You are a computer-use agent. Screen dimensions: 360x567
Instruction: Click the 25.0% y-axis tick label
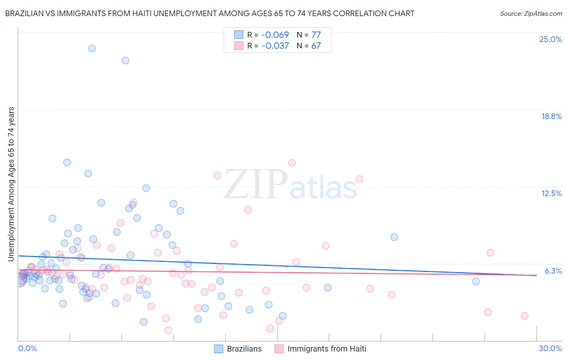(x=550, y=39)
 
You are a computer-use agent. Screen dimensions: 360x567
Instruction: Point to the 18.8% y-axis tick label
(x=551, y=116)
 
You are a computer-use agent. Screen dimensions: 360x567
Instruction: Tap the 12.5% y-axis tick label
(x=551, y=193)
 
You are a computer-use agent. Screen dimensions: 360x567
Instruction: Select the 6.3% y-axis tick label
(x=553, y=271)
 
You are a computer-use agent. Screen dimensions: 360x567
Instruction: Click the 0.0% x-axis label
(x=27, y=348)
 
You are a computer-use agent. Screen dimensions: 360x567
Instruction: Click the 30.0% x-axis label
(x=550, y=348)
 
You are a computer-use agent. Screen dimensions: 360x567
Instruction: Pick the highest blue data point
(x=92, y=48)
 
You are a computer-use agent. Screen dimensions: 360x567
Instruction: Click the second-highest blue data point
(x=125, y=61)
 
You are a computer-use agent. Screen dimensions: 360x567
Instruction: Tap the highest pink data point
(x=292, y=163)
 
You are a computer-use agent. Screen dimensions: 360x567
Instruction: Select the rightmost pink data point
(x=525, y=316)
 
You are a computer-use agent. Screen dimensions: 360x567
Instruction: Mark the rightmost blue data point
(x=476, y=281)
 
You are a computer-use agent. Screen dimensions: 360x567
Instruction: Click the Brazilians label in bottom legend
(x=244, y=349)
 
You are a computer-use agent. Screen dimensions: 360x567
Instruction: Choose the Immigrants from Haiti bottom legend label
(x=327, y=349)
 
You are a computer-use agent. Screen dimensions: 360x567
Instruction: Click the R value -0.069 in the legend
(x=275, y=35)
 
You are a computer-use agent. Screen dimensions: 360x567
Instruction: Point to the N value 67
(x=316, y=46)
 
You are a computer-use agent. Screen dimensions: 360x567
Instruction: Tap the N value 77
(x=316, y=35)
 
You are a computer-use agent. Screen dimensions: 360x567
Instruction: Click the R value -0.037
(x=275, y=46)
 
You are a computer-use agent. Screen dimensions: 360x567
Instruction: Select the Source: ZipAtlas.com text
(x=531, y=14)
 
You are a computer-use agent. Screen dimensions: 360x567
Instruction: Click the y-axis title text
(x=11, y=184)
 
